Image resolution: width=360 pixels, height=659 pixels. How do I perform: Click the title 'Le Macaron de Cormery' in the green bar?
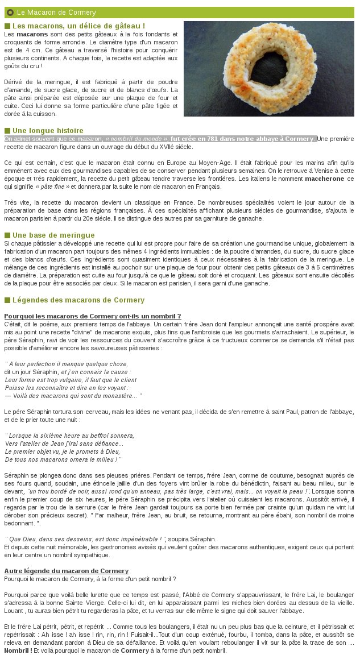click(56, 13)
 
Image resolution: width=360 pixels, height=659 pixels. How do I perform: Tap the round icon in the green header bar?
click(10, 13)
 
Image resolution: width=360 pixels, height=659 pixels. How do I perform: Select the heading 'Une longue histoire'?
click(48, 130)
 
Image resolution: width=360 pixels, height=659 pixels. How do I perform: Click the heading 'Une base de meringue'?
click(53, 235)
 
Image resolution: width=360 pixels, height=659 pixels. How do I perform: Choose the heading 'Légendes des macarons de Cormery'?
click(78, 300)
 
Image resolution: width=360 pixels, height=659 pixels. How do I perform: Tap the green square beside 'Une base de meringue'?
click(7, 235)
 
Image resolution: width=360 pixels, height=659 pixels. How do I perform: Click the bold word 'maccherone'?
click(325, 178)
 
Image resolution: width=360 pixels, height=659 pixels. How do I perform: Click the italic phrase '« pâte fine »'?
click(52, 186)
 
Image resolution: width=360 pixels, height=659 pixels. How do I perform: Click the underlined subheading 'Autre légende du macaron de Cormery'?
click(66, 570)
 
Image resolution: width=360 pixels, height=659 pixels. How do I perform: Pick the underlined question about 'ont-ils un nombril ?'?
click(93, 316)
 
